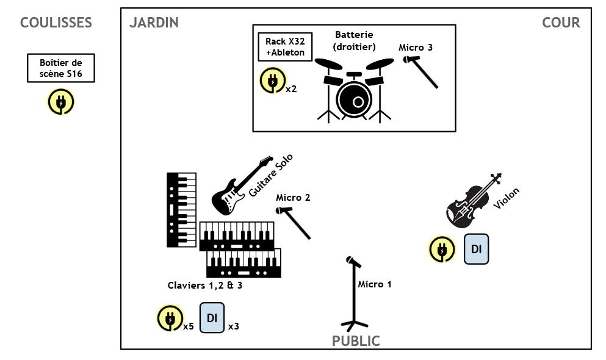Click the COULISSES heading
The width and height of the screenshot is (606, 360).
tap(56, 23)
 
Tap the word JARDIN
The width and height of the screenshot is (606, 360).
tap(154, 23)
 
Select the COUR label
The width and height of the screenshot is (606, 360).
tap(561, 23)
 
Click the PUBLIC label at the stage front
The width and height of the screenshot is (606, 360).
tap(356, 341)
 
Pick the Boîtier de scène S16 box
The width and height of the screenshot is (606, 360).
tap(61, 68)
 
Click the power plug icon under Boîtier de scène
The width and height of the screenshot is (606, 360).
tap(60, 102)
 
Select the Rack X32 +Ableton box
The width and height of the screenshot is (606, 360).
tap(285, 47)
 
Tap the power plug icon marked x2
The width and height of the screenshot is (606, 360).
tap(272, 81)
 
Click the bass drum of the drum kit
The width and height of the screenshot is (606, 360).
tap(354, 100)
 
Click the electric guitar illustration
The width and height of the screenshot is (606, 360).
tap(242, 185)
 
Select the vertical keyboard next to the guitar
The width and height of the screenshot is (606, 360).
tap(182, 210)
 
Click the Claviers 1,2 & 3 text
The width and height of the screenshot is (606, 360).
tap(205, 286)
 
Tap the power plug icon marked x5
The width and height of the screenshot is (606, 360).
tap(170, 319)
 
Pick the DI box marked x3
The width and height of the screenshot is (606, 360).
tap(212, 318)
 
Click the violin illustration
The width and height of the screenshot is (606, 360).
tap(474, 200)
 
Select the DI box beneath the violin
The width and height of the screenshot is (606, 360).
tap(476, 249)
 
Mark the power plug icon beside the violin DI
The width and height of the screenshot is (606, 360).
tap(442, 250)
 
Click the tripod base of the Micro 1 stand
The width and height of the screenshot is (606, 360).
tap(353, 325)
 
